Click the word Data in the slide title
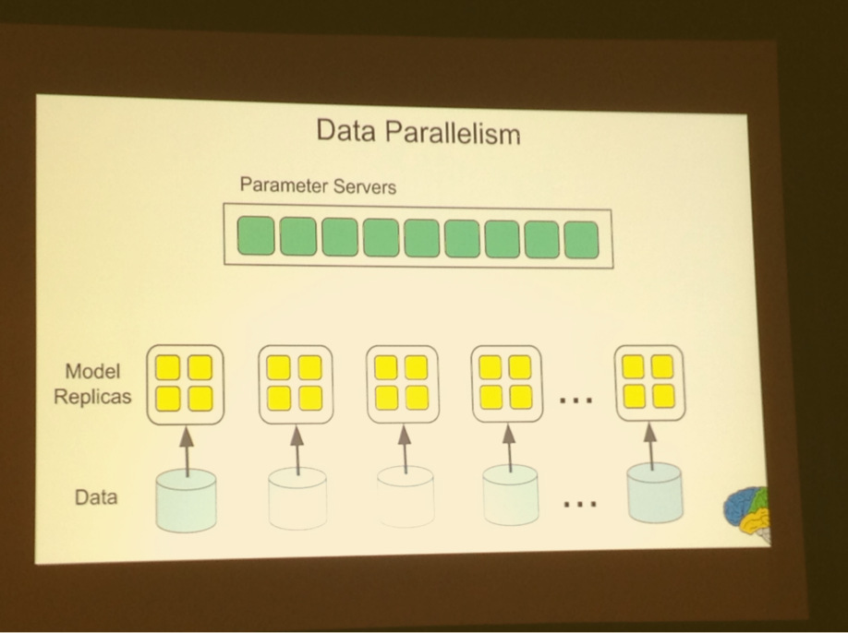click(x=345, y=131)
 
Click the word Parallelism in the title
click(x=454, y=133)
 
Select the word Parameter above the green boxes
click(x=284, y=185)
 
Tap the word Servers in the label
click(x=365, y=187)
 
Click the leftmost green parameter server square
click(x=256, y=235)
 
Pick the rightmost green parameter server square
click(x=581, y=240)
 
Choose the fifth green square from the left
click(x=422, y=238)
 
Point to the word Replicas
click(x=92, y=397)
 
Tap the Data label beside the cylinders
click(x=96, y=496)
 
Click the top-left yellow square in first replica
click(x=168, y=367)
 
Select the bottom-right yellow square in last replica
click(x=663, y=396)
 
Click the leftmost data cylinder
click(x=186, y=499)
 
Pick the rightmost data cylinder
click(x=655, y=493)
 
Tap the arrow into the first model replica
click(x=187, y=451)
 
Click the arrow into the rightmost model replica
click(x=650, y=446)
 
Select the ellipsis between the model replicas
click(x=576, y=400)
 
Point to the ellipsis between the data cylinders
click(x=580, y=505)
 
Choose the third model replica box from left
click(x=403, y=384)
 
